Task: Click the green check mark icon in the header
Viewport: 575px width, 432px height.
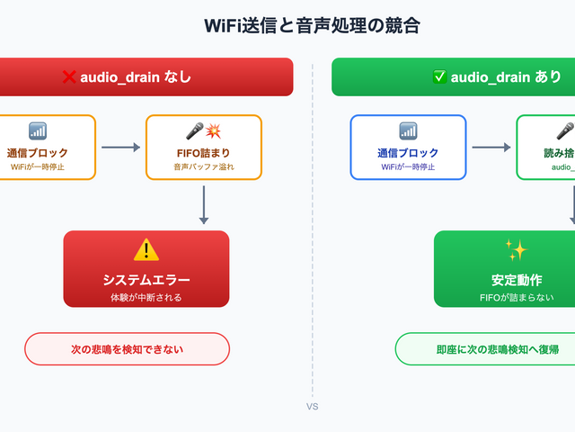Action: click(439, 77)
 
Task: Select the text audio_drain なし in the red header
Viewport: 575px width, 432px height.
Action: click(136, 77)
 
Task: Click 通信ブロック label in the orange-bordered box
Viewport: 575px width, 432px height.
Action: click(37, 153)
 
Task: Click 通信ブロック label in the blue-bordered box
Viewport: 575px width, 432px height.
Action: click(408, 153)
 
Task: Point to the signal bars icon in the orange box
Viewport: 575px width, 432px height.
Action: click(37, 131)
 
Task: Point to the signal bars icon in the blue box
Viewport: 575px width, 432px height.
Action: click(408, 131)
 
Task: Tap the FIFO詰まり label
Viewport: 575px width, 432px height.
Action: click(203, 153)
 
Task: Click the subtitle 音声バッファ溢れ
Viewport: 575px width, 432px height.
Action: click(203, 166)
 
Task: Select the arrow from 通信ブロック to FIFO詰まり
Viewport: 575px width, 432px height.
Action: click(120, 147)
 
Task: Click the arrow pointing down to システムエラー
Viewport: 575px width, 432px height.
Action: click(204, 204)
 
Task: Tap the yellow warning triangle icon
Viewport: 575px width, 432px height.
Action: click(146, 250)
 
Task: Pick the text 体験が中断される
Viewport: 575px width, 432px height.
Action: click(146, 297)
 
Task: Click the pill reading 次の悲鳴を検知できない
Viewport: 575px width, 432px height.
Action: click(127, 349)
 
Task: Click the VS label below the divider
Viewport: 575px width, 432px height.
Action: click(312, 407)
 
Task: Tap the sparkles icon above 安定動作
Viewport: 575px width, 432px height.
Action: click(516, 250)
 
